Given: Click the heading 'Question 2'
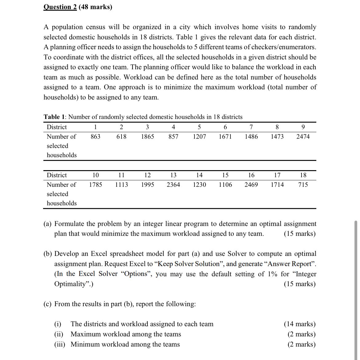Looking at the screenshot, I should [x=60, y=7].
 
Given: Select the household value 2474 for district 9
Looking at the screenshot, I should [x=303, y=137].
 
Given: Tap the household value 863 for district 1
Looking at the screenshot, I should [x=95, y=137].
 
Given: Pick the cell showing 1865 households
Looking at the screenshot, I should [x=147, y=137].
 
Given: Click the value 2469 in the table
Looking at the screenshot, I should [x=251, y=185].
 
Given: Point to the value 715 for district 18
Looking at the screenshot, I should [x=303, y=185].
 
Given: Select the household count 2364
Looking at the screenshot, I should [x=173, y=185].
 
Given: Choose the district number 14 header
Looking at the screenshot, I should [x=199, y=175].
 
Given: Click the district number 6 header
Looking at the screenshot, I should [x=225, y=127].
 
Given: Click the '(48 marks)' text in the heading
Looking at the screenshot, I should [x=95, y=7].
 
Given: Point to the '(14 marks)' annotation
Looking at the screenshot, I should [x=299, y=324].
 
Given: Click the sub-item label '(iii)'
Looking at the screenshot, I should [x=60, y=344].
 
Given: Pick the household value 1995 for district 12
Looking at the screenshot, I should [x=147, y=185].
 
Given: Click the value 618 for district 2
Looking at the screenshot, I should [x=122, y=137].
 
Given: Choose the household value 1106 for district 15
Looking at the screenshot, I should [x=225, y=185].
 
